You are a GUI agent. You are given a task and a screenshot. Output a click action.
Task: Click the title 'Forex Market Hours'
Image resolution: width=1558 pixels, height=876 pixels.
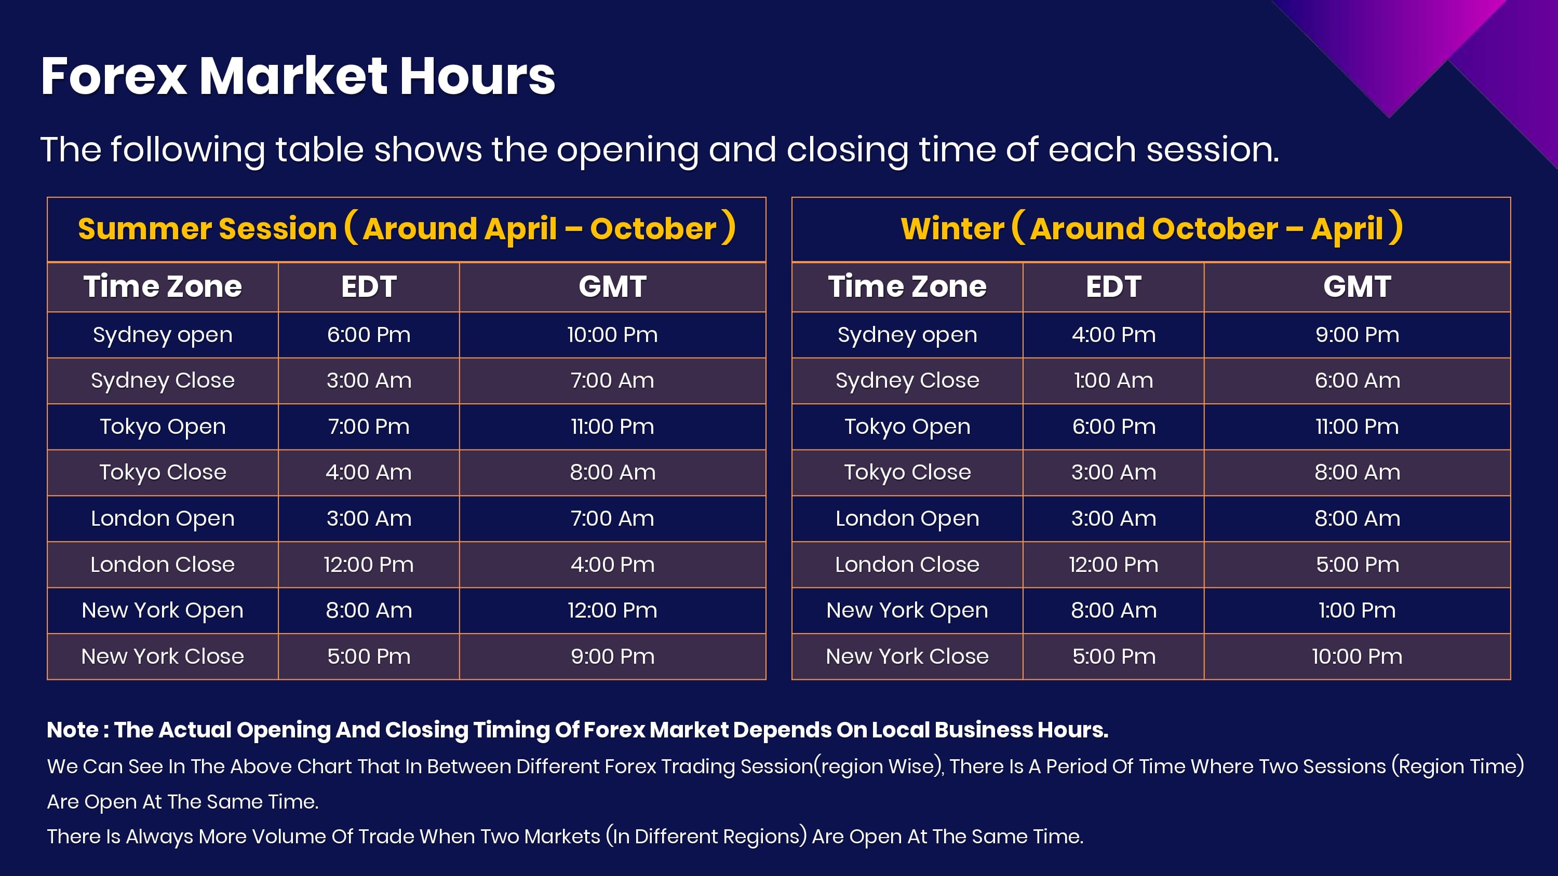point(298,76)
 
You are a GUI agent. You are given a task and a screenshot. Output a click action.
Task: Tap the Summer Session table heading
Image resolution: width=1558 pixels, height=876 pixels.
point(407,228)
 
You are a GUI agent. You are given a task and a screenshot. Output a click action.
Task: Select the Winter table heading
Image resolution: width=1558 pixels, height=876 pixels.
point(1151,228)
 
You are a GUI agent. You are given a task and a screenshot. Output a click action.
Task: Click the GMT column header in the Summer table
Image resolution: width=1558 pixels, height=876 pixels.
point(613,286)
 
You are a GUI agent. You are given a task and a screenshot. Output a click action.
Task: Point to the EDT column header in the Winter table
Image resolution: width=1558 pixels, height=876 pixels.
point(1113,286)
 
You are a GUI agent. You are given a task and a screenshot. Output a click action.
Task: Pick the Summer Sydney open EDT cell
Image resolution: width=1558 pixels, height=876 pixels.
point(369,335)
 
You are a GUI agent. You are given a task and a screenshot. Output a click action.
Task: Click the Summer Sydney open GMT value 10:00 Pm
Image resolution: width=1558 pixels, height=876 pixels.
point(613,335)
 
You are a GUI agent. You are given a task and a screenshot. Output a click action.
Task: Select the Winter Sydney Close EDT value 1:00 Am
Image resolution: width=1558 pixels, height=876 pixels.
point(1113,381)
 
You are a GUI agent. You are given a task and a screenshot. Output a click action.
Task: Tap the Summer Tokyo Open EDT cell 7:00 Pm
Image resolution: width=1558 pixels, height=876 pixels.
point(369,427)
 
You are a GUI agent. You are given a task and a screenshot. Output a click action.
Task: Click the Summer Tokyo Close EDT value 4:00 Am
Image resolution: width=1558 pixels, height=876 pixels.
point(369,473)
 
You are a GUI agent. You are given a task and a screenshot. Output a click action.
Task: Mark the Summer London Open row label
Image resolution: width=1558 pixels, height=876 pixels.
point(163,519)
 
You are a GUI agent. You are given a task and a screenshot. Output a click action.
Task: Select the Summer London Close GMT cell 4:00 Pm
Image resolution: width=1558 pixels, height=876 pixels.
point(613,565)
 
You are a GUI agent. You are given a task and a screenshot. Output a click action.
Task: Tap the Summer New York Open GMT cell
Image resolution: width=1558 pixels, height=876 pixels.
point(613,611)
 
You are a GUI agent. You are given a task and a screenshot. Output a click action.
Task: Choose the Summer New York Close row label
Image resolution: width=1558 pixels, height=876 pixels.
point(163,656)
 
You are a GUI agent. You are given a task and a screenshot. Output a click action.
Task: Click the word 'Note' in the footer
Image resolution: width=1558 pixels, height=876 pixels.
point(73,730)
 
